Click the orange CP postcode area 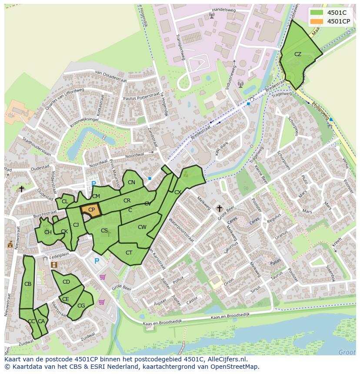(x=91, y=210)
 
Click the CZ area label (x=298, y=54)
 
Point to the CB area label (x=28, y=284)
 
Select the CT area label (x=129, y=253)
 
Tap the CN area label (x=131, y=182)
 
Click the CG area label (x=81, y=306)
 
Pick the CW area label (x=142, y=227)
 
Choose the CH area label (x=48, y=232)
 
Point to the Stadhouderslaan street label (x=37, y=148)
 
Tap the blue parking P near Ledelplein (x=97, y=261)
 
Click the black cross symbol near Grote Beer (x=220, y=209)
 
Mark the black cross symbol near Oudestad (x=21, y=189)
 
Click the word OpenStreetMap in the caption (x=233, y=366)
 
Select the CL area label (x=65, y=202)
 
